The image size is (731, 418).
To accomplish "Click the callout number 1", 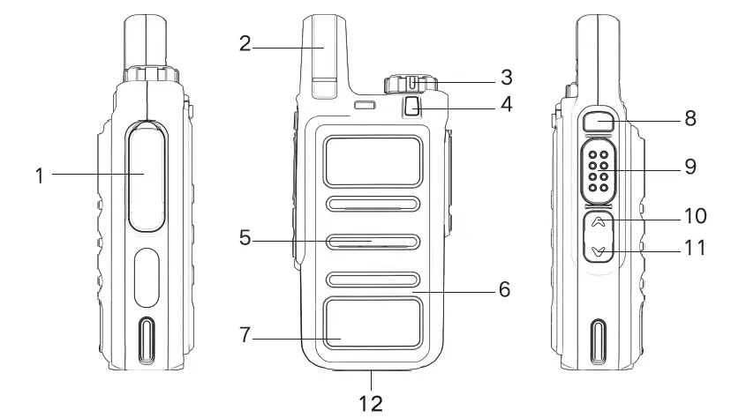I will [x=40, y=175].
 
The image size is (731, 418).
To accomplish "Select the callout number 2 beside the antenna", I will [x=245, y=43].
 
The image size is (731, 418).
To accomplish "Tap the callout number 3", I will [x=506, y=76].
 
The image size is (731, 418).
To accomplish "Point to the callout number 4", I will [x=506, y=104].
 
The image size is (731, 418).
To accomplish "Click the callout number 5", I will [x=246, y=237].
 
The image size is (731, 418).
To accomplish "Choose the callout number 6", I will [x=504, y=288].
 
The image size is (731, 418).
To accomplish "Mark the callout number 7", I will [x=246, y=334].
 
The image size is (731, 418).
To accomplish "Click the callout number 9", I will [x=690, y=165].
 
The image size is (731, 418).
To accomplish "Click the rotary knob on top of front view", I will [x=411, y=85].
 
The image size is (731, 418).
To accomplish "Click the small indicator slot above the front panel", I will [x=364, y=107].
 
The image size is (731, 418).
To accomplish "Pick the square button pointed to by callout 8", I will [x=599, y=123].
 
